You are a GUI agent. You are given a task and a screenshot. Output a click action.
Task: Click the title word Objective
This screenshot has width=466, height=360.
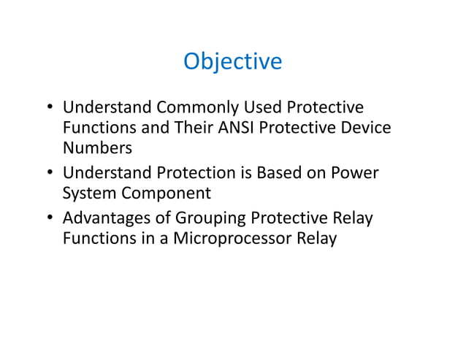(x=232, y=61)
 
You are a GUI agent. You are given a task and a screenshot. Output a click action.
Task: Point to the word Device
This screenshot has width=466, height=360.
(x=364, y=128)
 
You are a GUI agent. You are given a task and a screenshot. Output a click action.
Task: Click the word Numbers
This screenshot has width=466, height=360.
(x=97, y=148)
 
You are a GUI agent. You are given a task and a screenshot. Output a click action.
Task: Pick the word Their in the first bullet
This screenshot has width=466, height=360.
(x=191, y=128)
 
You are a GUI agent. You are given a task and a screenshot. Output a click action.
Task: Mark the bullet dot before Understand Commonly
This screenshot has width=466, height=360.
(x=50, y=108)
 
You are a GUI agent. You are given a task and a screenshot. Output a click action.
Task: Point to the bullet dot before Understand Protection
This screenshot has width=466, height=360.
(x=50, y=175)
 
